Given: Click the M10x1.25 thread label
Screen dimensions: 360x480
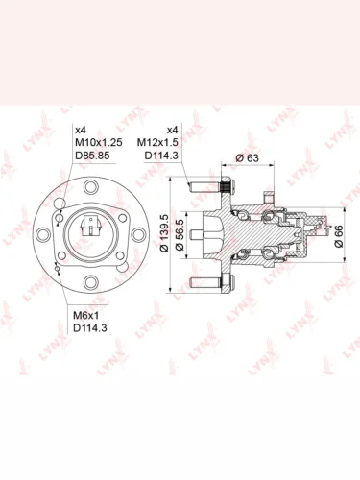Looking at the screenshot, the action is (x=99, y=142).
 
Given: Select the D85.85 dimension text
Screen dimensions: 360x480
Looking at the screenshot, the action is (x=92, y=156).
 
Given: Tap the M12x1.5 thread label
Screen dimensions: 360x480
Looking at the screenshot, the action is (x=157, y=142).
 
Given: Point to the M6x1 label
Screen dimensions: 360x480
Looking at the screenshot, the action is (x=86, y=316).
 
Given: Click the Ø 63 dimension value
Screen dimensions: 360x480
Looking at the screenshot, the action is (x=247, y=157).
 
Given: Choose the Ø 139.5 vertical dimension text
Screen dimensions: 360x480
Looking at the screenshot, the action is (x=164, y=232).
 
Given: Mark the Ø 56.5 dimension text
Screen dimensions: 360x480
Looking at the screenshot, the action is (x=180, y=234).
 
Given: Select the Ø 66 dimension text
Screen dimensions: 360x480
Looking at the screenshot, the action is (x=338, y=236).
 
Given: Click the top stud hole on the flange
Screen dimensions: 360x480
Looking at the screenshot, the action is (x=91, y=186).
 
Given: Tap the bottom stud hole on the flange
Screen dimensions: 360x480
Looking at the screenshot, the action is (x=91, y=282).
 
